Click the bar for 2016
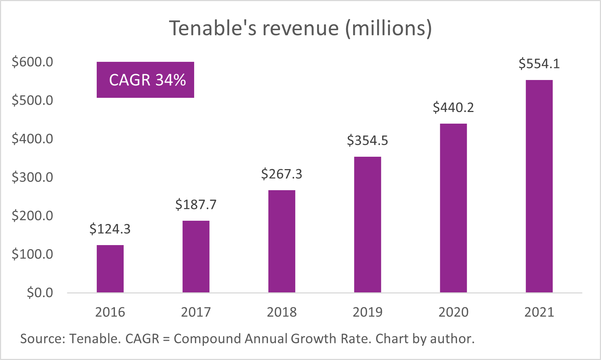[110, 269]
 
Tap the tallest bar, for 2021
[539, 186]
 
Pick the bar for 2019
[368, 224]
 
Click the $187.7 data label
[196, 205]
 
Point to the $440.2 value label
[453, 108]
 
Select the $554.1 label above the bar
[539, 64]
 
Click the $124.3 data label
[110, 229]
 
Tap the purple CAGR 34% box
[145, 80]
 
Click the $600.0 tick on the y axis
[32, 62]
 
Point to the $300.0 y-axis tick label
[32, 177]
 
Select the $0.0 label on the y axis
[40, 293]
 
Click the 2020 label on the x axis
[453, 312]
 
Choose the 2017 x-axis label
[196, 312]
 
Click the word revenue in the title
[300, 28]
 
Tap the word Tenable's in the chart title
[213, 28]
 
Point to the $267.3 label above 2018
[281, 174]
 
